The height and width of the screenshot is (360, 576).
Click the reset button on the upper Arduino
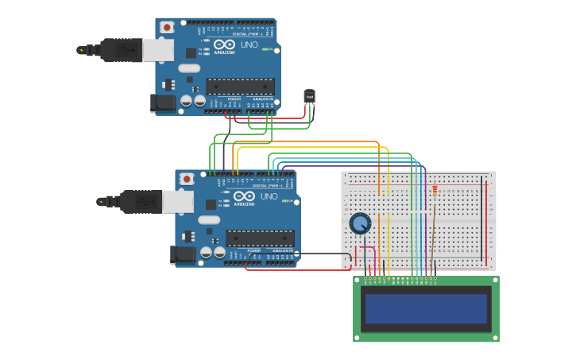click(167, 27)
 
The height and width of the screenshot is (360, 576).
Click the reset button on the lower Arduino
click(187, 179)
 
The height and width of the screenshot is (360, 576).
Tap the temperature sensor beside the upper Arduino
click(309, 97)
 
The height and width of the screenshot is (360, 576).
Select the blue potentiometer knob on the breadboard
click(360, 223)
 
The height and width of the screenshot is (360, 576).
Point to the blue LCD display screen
click(425, 308)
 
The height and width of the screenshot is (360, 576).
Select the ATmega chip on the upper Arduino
click(240, 86)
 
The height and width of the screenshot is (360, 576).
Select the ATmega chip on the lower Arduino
click(260, 238)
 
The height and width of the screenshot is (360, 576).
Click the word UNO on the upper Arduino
click(249, 45)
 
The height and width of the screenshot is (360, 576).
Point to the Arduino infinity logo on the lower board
click(245, 196)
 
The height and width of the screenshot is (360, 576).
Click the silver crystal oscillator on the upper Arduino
click(189, 68)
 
